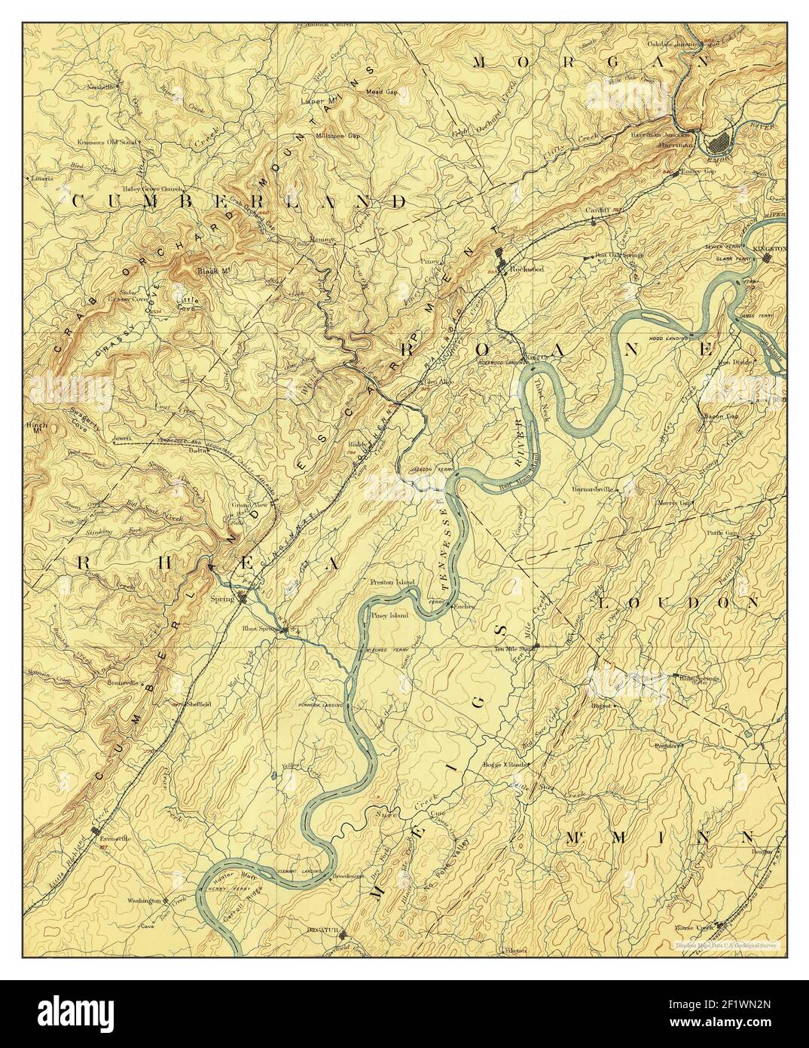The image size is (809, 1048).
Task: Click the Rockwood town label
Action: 527,268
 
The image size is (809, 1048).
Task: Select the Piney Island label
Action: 389,615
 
